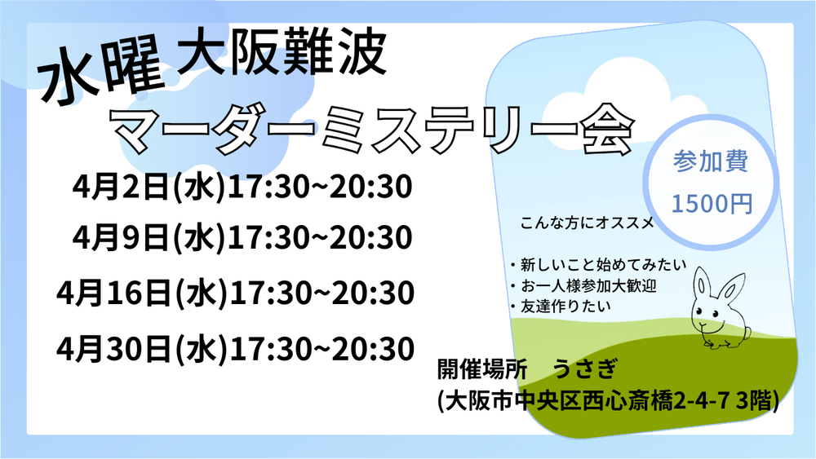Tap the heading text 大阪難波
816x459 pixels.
click(282, 52)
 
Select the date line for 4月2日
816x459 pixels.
click(242, 187)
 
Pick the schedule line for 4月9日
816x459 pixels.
click(242, 237)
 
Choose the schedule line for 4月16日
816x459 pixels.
click(235, 293)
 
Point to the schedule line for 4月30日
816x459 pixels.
click(235, 348)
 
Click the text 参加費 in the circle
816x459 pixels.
click(711, 161)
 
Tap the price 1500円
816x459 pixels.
click(712, 203)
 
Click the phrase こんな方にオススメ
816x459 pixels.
click(587, 223)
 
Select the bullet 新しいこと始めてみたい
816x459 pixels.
click(598, 265)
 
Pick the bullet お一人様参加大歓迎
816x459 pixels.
click(583, 285)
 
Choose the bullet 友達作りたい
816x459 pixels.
click(561, 307)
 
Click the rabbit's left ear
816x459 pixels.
click(703, 284)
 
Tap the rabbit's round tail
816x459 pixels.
click(747, 332)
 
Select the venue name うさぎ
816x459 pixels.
click(584, 369)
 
